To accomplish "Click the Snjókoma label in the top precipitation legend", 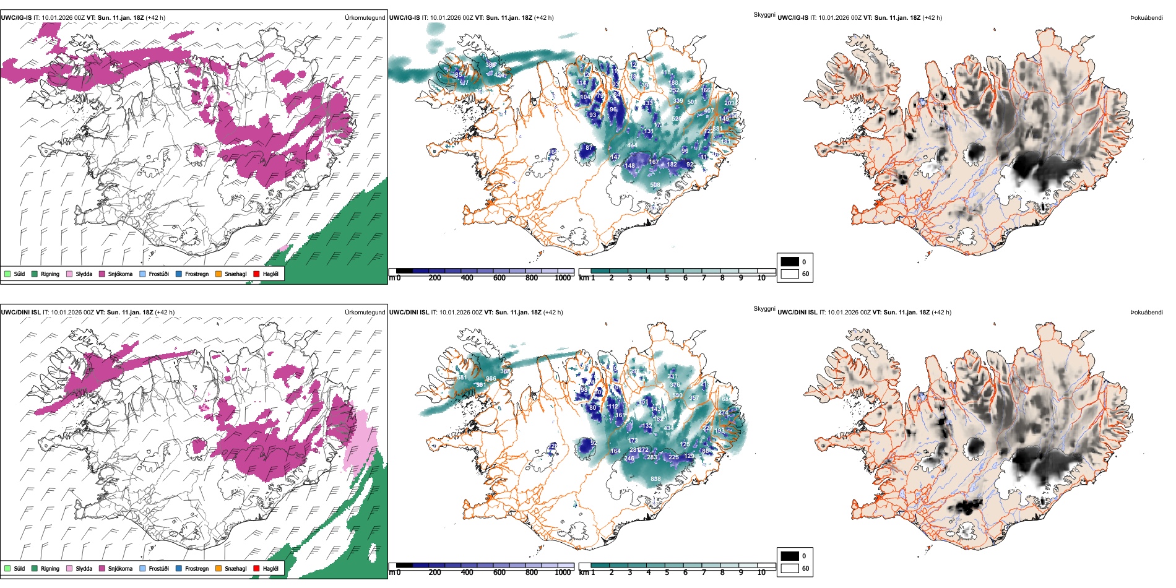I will click(120, 274).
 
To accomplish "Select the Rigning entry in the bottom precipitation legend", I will click(50, 569).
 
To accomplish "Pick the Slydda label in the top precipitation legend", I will click(84, 274).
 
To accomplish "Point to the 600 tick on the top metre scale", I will click(499, 278).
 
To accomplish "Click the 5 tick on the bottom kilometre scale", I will click(667, 573).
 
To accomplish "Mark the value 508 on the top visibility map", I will click(655, 184).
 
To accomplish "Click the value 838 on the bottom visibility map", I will click(655, 478).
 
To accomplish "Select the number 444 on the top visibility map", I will click(632, 145).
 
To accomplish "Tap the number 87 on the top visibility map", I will click(589, 148).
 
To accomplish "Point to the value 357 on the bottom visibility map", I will click(693, 398).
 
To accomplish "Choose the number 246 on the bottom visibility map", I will click(629, 459).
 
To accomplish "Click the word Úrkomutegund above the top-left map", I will click(365, 18).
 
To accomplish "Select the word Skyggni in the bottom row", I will click(764, 308).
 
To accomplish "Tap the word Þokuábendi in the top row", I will click(1146, 18).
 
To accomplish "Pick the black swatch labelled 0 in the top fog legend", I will click(790, 262).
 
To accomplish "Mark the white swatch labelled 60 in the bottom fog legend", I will click(790, 568).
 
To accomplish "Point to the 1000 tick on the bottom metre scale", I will click(563, 573).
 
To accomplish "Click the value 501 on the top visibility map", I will click(692, 102).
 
